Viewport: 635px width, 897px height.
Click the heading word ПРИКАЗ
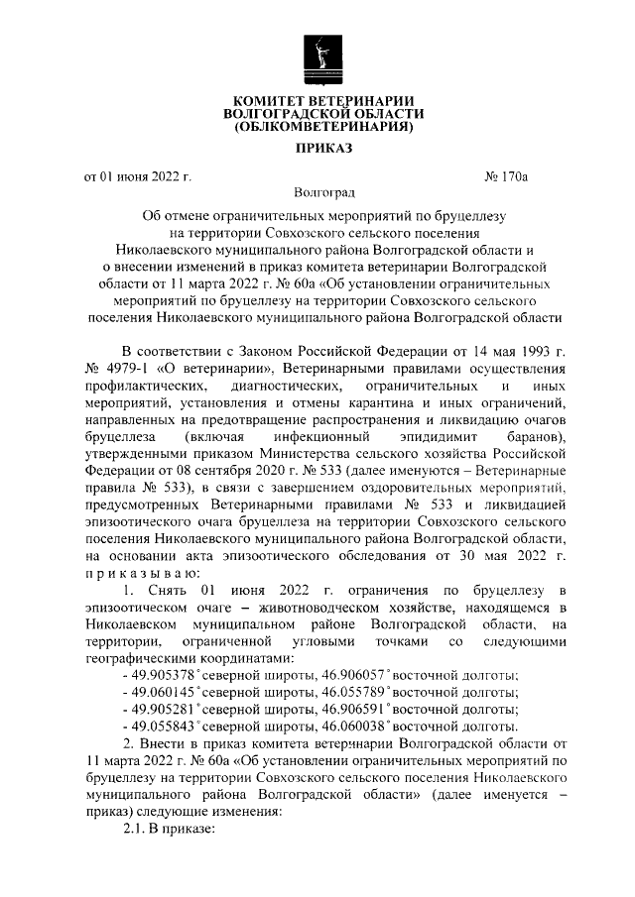317,149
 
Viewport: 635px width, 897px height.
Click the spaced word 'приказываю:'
143,575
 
